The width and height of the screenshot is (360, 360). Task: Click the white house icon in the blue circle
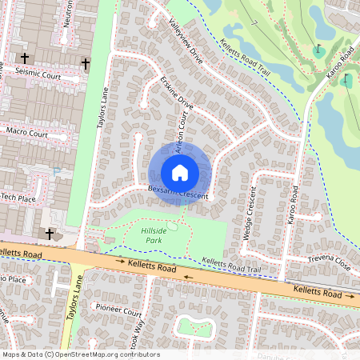[x=179, y=172]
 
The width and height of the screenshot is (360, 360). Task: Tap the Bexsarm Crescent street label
[x=178, y=193]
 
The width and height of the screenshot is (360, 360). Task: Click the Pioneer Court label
[x=118, y=308]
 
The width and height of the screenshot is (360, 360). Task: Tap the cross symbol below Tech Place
[x=50, y=234]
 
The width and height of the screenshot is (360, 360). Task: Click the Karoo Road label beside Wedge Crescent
[x=294, y=205]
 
